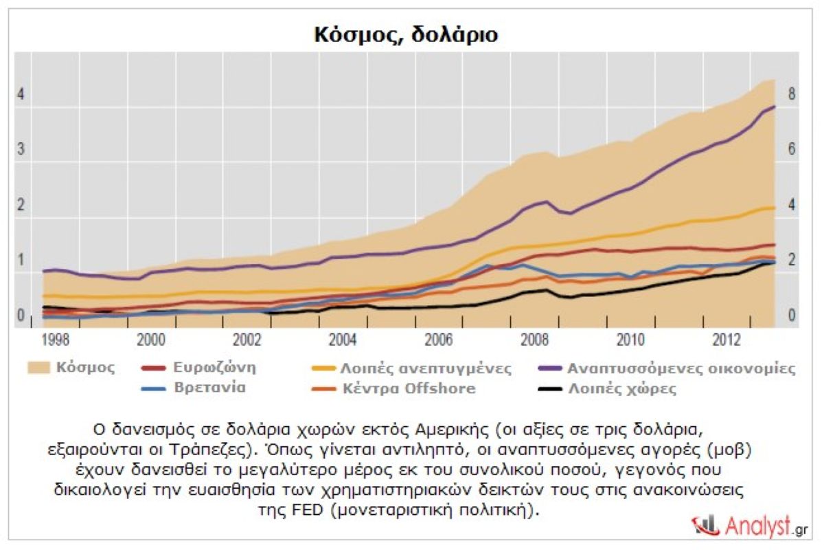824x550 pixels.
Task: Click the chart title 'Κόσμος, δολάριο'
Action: point(406,35)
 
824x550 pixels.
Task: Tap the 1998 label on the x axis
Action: point(54,342)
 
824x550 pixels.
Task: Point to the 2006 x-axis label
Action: point(438,342)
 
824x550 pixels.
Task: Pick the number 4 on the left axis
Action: point(21,94)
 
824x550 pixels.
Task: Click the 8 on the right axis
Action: point(792,94)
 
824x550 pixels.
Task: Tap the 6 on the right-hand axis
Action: point(792,150)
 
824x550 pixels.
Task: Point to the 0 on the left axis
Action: point(21,316)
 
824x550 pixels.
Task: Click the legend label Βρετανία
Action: point(210,388)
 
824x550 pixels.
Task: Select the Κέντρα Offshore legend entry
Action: point(408,388)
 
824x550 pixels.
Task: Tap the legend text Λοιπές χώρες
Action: point(622,388)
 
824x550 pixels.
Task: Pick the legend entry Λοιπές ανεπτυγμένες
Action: point(426,368)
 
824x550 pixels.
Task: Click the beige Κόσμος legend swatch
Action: point(43,368)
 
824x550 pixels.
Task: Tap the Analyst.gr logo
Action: point(751,526)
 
